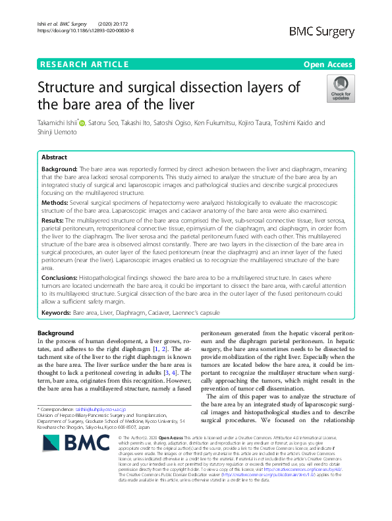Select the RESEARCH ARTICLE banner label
coord(84,64)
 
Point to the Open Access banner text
coord(329,64)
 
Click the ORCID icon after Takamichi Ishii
coord(82,123)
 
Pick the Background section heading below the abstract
coord(56,333)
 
